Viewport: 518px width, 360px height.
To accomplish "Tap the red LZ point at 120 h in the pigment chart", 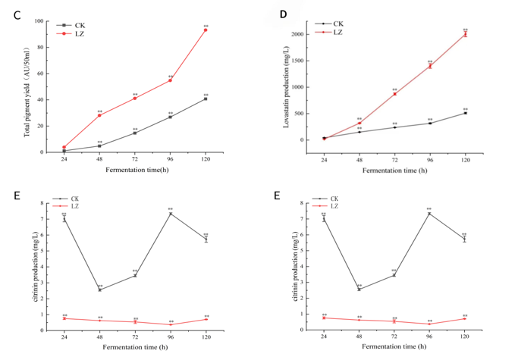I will click(206, 30).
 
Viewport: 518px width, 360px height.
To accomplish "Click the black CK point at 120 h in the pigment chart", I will click(206, 99).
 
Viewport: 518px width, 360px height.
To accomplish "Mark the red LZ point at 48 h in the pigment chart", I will click(99, 115).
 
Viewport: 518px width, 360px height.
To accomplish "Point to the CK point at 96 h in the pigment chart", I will click(170, 117).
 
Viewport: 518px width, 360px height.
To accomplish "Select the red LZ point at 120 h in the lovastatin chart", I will click(465, 34).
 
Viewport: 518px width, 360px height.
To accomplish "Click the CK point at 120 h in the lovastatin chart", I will click(465, 113).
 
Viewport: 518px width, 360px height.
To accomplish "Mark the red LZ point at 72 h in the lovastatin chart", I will click(394, 94).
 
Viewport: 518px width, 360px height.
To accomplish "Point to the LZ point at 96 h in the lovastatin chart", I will click(429, 66).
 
